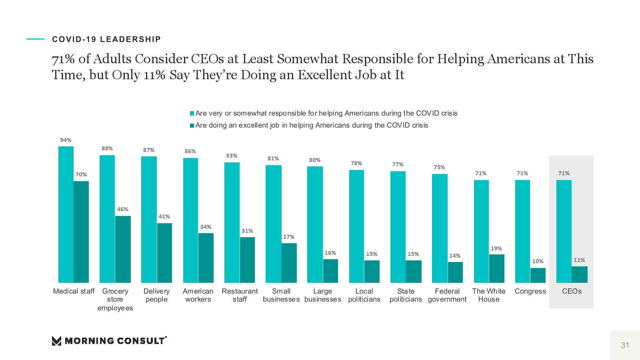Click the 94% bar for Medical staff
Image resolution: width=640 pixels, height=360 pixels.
coord(66,214)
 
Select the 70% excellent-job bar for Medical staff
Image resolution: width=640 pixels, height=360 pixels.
coord(81,232)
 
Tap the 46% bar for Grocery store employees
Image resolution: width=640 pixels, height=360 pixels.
coord(123,249)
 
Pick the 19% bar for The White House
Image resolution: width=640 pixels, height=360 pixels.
coord(496,268)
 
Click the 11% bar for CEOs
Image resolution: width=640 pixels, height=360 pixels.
coord(579,274)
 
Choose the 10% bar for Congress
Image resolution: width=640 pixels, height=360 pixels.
coord(538,275)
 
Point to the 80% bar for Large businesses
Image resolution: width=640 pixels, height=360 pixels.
coord(315,224)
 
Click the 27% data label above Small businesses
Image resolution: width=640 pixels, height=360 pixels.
coord(289,237)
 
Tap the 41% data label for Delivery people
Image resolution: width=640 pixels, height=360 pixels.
coord(164,216)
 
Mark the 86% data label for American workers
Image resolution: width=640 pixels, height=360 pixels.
coord(190,151)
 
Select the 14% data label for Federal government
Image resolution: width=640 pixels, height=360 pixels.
coord(455,256)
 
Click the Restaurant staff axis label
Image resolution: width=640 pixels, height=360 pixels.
coord(240,295)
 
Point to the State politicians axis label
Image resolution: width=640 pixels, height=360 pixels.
coord(406,295)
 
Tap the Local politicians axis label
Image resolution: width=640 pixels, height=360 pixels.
coord(364,295)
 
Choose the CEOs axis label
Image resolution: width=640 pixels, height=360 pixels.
coord(572,291)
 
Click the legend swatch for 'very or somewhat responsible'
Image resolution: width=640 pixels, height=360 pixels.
coord(192,114)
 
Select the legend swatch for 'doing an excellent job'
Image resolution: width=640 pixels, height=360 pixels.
coord(192,126)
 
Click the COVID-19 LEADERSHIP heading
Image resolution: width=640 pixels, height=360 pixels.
coord(106,39)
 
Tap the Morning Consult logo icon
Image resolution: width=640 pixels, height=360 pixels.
coord(56,341)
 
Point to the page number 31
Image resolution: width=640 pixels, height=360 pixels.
coord(625,345)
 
